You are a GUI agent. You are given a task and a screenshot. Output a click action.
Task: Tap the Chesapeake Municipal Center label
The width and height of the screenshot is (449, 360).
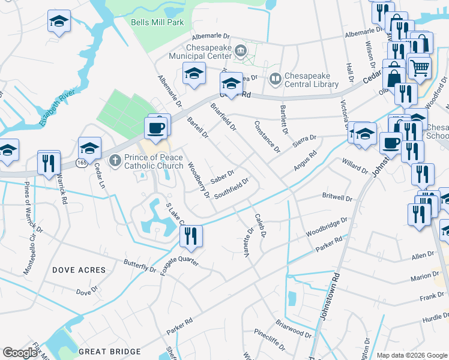[x=196, y=52]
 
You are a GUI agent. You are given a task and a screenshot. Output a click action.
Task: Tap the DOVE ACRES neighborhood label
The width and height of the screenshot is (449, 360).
[x=79, y=270]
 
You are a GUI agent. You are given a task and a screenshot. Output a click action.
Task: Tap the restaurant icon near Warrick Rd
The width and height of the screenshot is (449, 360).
[x=49, y=163]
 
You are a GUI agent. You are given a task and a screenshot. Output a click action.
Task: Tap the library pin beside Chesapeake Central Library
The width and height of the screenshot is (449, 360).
[x=276, y=78]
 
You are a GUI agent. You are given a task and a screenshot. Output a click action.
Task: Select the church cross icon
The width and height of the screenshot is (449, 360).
[x=115, y=160]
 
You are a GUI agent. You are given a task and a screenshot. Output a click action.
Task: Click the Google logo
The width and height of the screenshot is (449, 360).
[x=20, y=353]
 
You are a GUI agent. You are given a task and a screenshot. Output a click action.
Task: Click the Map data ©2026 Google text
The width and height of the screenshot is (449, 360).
[x=412, y=355]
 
